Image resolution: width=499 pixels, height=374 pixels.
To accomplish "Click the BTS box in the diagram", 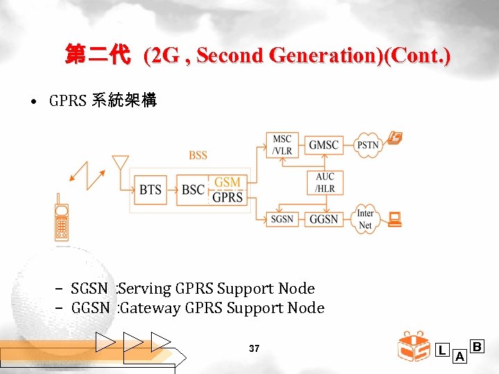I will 150,190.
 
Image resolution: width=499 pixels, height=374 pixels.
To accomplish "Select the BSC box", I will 193,190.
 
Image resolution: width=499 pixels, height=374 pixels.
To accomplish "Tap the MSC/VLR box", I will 281,145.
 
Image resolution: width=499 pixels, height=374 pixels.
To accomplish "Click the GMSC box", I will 324,145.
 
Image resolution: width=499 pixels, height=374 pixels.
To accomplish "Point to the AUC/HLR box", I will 324,183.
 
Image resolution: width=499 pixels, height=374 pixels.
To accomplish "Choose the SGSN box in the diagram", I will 281,219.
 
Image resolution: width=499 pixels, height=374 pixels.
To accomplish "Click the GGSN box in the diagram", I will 324,219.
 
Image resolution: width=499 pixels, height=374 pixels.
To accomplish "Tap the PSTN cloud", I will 368,145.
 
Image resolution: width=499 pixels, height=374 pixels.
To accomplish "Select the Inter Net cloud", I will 365,219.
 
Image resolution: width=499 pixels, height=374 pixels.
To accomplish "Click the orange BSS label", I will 198,155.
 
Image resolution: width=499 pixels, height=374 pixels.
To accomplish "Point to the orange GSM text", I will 227,182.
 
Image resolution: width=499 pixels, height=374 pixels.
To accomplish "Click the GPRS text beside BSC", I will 227,197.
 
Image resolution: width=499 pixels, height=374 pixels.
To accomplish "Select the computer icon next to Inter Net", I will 395,220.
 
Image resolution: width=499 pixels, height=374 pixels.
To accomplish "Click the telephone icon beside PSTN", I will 395,139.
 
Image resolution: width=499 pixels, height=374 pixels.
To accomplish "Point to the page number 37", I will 254,349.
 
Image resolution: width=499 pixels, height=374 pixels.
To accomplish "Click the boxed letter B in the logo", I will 477,346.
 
